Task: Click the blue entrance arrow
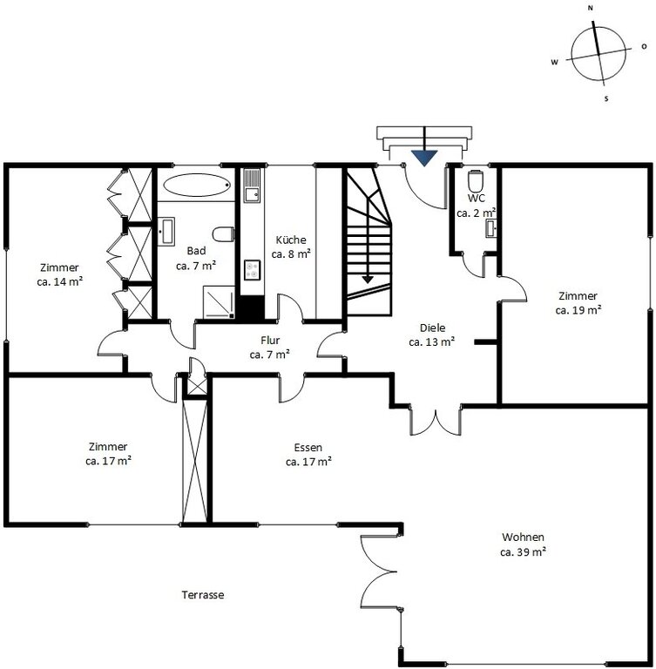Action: point(424,157)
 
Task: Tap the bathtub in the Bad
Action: point(197,185)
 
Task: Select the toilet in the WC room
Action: point(475,181)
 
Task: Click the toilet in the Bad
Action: point(223,234)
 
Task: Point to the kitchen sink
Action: point(252,185)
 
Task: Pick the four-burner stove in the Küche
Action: point(253,270)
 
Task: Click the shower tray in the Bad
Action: point(219,301)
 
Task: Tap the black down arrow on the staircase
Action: point(368,280)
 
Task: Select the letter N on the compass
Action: point(591,8)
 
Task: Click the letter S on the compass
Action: point(606,99)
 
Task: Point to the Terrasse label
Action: point(203,595)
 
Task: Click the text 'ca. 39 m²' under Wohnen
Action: point(524,551)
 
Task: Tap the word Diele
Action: point(432,328)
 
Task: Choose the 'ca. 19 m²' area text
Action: point(578,310)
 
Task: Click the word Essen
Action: point(308,448)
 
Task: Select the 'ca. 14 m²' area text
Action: point(60,281)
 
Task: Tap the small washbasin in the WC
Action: point(490,229)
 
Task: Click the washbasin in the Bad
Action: point(166,231)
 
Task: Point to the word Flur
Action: point(270,340)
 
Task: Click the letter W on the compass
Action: point(554,63)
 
